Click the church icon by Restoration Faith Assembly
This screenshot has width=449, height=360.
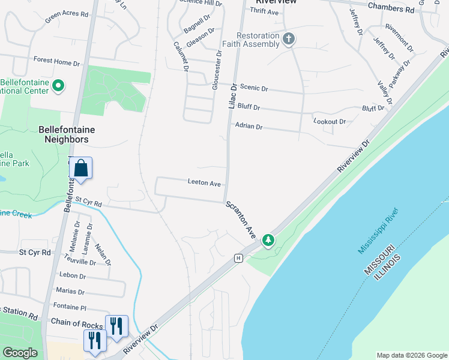click(x=289, y=40)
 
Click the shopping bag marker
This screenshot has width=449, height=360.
click(x=81, y=169)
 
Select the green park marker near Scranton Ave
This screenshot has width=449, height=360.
click(x=268, y=241)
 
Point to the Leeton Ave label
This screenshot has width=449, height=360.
click(x=205, y=182)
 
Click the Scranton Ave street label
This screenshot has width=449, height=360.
click(x=241, y=220)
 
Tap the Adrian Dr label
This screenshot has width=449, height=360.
click(x=249, y=127)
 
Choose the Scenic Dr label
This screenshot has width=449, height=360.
click(x=254, y=88)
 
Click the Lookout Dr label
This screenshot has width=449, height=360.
click(x=330, y=121)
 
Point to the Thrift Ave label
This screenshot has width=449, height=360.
click(x=264, y=11)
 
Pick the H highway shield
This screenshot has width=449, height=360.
click(x=238, y=258)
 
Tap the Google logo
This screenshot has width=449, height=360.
click(x=20, y=353)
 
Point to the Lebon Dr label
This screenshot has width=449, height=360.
click(x=73, y=276)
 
